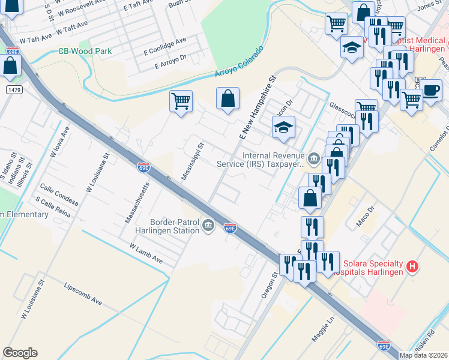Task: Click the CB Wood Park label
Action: [x=85, y=52]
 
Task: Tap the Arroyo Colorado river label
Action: [x=240, y=62]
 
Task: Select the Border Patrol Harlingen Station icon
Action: [x=208, y=226]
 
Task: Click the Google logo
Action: [x=20, y=353]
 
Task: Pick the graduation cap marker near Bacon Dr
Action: [x=283, y=127]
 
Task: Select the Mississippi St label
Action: [x=193, y=161]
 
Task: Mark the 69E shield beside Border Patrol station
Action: [x=231, y=228]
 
